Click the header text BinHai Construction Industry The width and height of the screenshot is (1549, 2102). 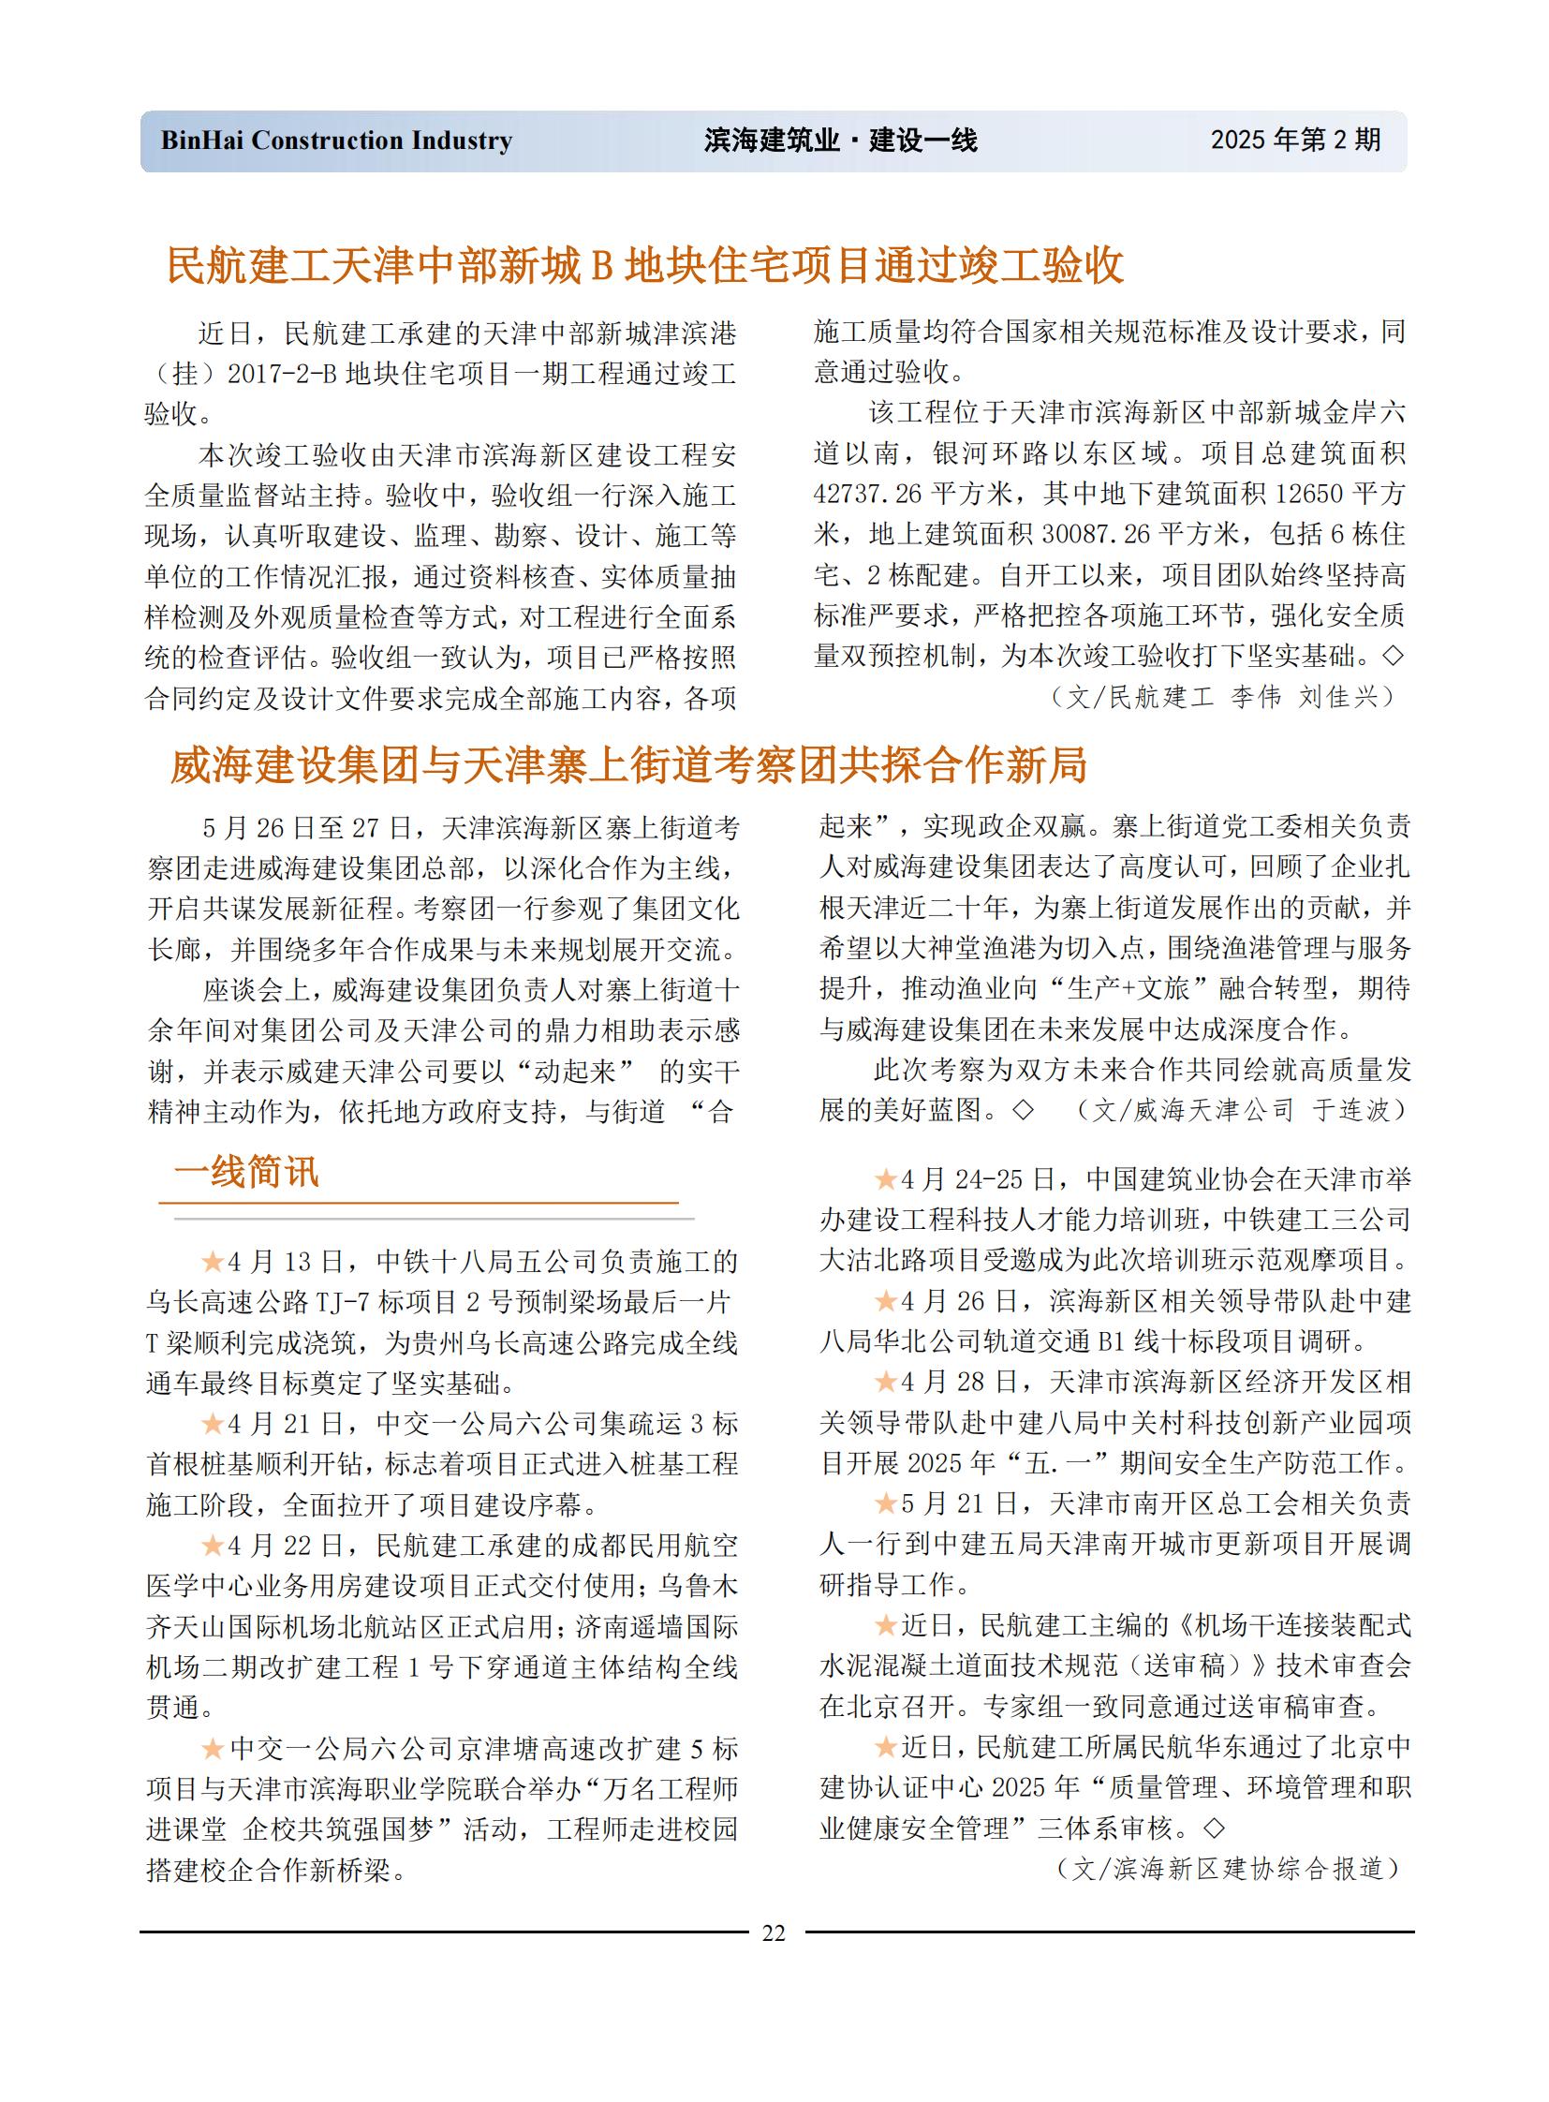(335, 141)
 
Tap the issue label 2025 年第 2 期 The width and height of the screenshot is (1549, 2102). (1295, 140)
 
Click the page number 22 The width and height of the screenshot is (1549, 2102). (774, 1932)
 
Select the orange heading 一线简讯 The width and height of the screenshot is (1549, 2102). (246, 1173)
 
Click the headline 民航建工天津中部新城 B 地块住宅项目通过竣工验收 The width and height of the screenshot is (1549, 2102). (645, 265)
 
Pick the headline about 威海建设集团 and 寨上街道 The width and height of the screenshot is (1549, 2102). (628, 765)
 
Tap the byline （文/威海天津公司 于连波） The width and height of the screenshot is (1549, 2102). (1242, 1111)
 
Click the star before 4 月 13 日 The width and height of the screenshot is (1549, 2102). (213, 1262)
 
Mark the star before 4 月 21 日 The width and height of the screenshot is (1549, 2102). (213, 1424)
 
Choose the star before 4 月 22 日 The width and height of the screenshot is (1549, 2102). (213, 1545)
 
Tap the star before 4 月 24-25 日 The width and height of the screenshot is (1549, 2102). (886, 1179)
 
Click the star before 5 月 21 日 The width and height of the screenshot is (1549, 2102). (886, 1503)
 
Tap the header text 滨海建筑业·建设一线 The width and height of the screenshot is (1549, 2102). (840, 141)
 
